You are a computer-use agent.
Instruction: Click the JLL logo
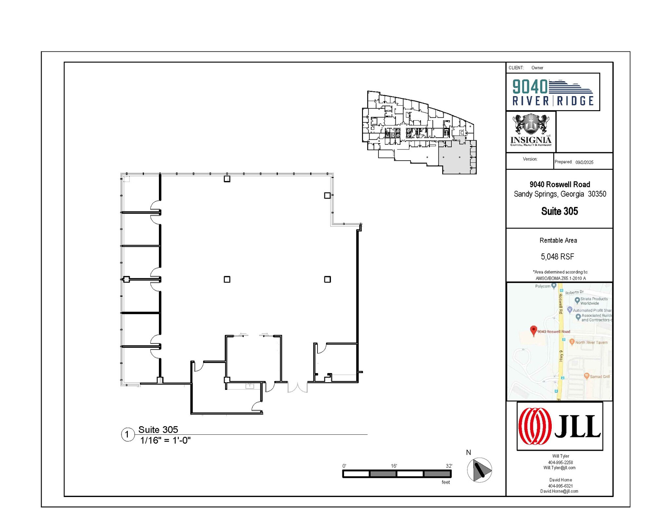(559, 426)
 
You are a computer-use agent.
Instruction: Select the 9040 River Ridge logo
(553, 92)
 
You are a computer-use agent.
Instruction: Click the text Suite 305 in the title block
(559, 211)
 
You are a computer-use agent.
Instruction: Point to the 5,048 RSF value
(557, 257)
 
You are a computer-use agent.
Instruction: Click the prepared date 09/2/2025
(584, 162)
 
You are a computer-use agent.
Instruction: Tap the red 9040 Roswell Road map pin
(533, 330)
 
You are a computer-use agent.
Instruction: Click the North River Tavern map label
(591, 342)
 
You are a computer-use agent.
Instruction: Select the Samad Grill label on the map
(600, 376)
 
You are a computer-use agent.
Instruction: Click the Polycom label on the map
(543, 286)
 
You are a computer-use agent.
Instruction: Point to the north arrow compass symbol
(479, 470)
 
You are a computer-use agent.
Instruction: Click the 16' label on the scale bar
(393, 466)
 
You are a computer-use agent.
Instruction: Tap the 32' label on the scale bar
(449, 466)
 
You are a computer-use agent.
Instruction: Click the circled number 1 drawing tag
(127, 435)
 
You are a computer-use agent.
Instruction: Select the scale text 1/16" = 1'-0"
(165, 440)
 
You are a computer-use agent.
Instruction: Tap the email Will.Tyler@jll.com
(559, 468)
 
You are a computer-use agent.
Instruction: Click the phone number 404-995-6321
(560, 486)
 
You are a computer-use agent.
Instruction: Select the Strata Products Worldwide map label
(594, 301)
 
